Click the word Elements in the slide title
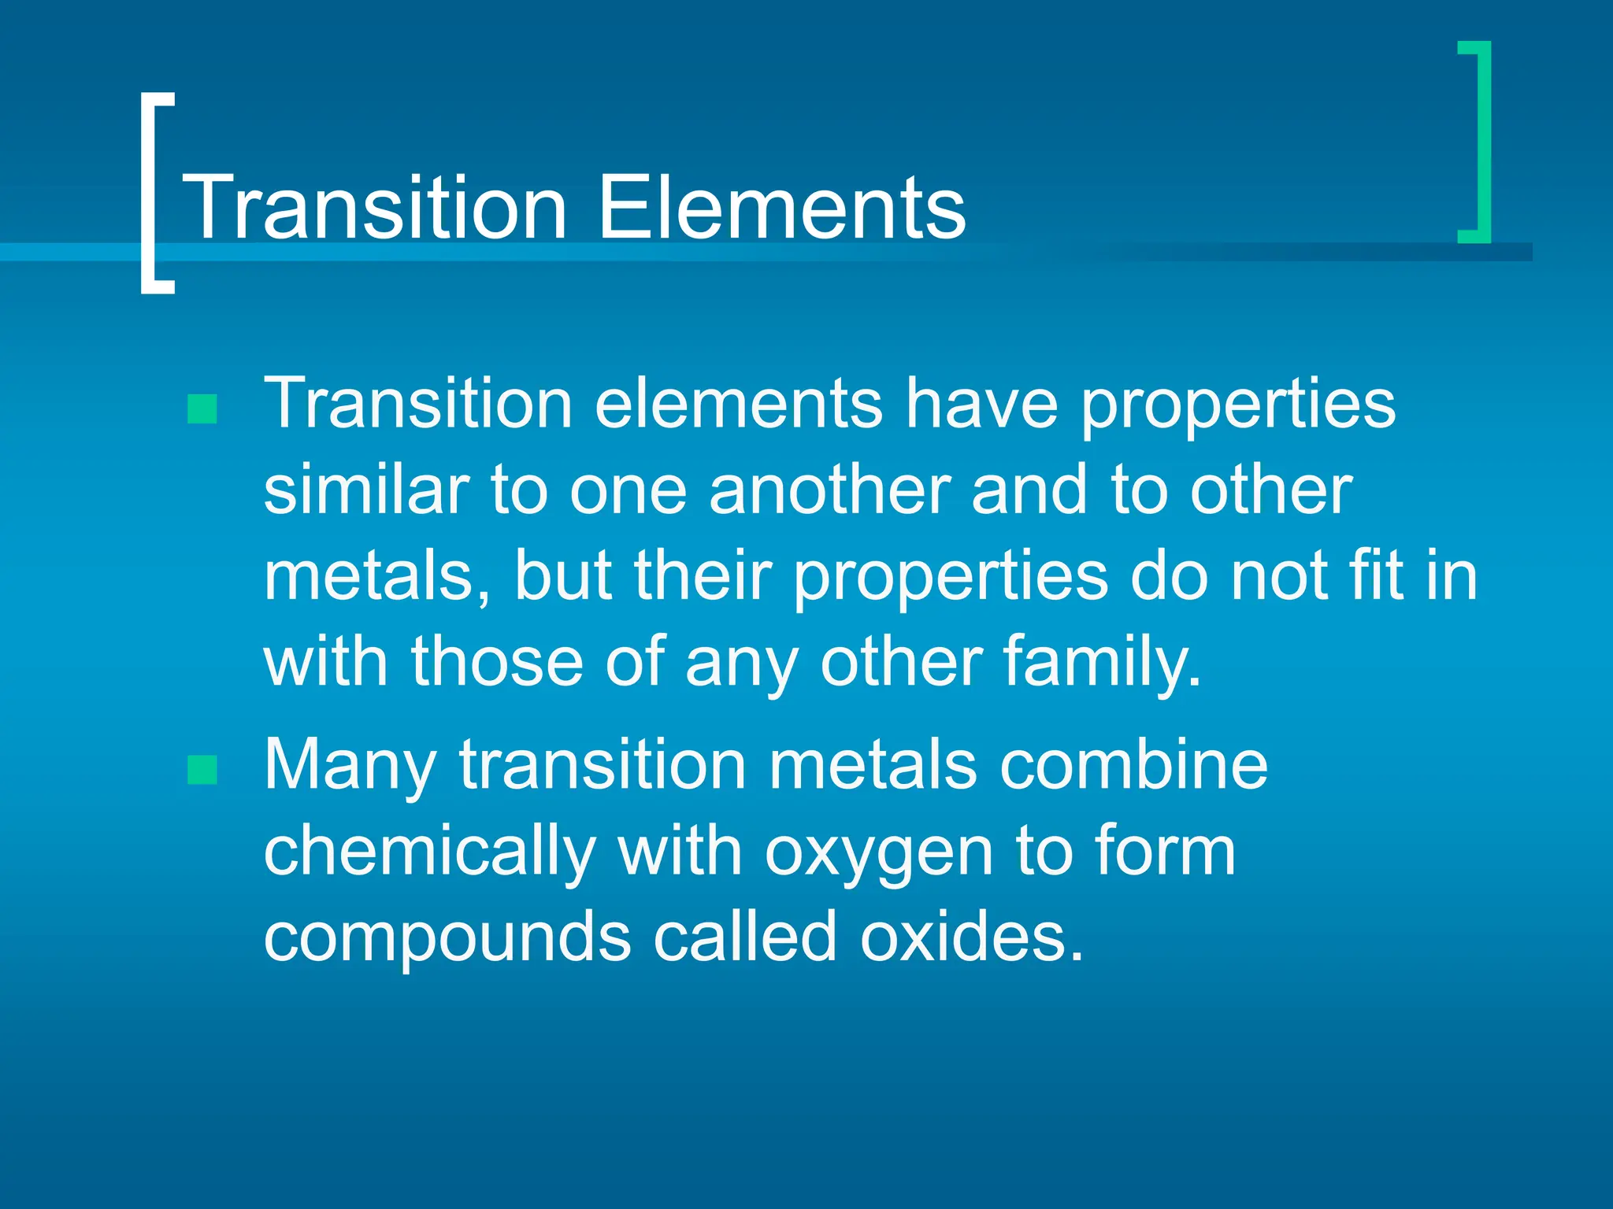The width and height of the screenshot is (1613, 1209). pos(781,208)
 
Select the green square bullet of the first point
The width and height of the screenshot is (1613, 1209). pos(202,409)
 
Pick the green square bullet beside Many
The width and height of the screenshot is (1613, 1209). pos(202,770)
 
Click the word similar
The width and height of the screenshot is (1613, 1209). pos(366,490)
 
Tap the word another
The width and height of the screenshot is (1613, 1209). pos(829,490)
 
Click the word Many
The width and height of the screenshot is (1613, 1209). pos(350,765)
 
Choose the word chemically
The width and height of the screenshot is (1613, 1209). pos(429,852)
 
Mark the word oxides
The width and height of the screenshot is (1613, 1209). pos(972,937)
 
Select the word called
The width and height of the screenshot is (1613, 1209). pos(745,937)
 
